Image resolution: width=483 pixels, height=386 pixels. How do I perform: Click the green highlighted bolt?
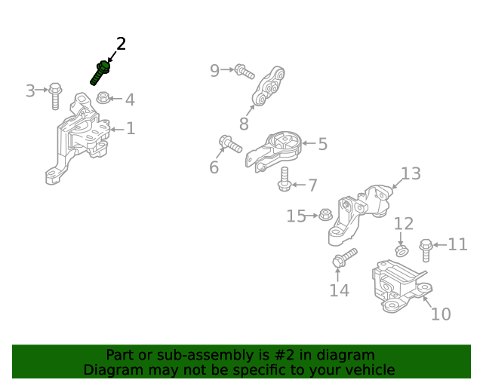coord(100,73)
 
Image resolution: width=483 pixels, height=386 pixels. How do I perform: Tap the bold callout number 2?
coord(121,44)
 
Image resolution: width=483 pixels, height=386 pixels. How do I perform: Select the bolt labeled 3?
coord(55,96)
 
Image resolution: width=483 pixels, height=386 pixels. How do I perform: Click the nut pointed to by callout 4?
coord(103,97)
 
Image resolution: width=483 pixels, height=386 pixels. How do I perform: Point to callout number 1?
coord(131,128)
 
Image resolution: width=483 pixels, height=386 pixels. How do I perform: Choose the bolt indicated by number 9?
coord(245,72)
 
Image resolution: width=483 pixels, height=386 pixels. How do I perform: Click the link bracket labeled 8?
coord(268,86)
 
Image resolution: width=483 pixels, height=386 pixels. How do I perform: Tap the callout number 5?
coord(322,144)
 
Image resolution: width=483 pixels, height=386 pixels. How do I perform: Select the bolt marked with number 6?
coord(230,144)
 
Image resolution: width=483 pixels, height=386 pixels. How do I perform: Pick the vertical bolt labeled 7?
coord(285,179)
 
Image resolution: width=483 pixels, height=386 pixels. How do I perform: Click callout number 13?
coord(411,173)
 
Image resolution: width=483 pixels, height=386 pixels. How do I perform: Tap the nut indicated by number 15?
coord(325,214)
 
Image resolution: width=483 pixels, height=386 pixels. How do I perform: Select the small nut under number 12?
coord(401,250)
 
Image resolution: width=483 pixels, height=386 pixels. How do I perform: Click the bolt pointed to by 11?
coord(426,250)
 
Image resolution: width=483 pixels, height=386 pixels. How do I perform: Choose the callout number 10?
coord(441,314)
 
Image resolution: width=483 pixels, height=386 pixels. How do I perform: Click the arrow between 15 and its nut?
coord(312,216)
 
